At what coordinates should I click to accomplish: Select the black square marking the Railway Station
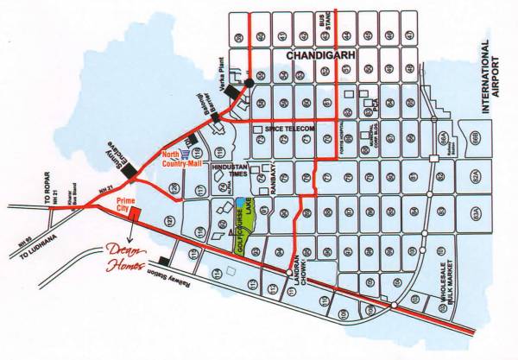click(x=165, y=262)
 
